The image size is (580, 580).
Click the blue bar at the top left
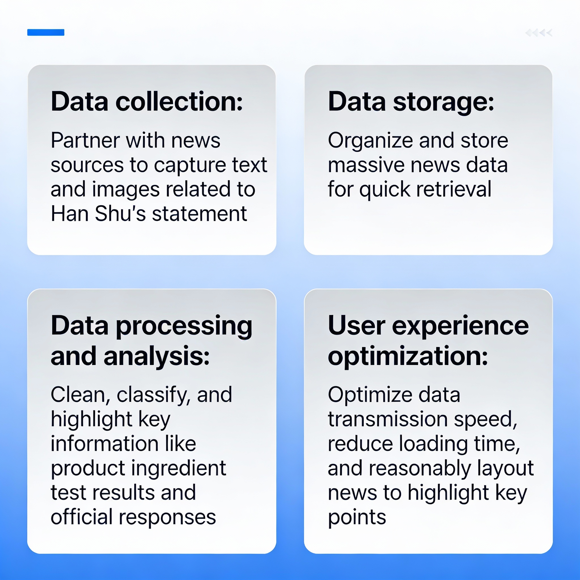coord(46,32)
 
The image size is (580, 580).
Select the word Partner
coord(85,140)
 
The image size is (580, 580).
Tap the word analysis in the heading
coord(156,356)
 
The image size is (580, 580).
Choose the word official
coord(81,517)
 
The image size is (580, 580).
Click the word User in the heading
coord(356,326)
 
